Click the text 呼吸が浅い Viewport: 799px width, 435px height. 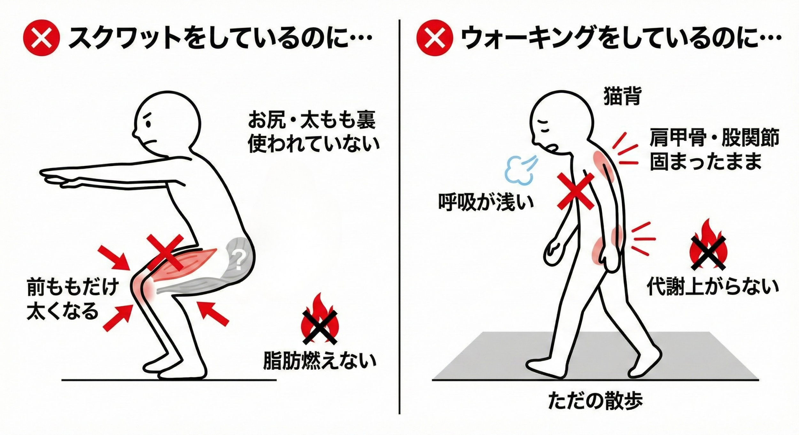(486, 202)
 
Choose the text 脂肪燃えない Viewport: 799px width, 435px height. (320, 361)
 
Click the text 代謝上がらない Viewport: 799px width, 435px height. (713, 287)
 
